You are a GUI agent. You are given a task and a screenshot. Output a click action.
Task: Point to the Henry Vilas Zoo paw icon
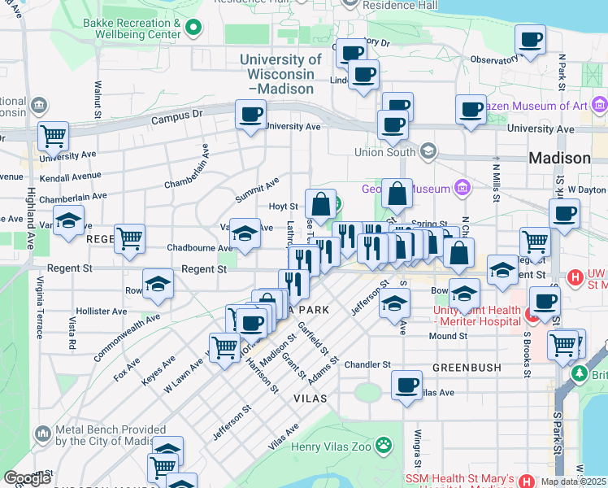pyautogui.click(x=382, y=445)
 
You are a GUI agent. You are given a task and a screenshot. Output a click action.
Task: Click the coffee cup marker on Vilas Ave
pyautogui.click(x=406, y=385)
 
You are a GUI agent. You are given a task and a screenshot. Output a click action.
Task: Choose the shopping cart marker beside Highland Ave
pyautogui.click(x=54, y=137)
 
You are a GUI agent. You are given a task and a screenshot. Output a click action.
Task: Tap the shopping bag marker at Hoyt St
pyautogui.click(x=321, y=203)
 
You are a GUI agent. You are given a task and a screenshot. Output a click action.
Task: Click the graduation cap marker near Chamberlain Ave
pyautogui.click(x=69, y=220)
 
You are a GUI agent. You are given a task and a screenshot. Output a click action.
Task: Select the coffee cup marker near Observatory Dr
pyautogui.click(x=530, y=40)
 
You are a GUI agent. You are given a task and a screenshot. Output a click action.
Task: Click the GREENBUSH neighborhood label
pyautogui.click(x=467, y=368)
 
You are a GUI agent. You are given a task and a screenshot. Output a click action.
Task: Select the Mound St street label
pyautogui.click(x=448, y=336)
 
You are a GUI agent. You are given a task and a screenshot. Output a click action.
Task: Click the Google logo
pyautogui.click(x=28, y=478)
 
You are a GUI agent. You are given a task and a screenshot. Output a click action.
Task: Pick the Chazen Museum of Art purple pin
pyautogui.click(x=600, y=105)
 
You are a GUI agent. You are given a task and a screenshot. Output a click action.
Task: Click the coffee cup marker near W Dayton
pyautogui.click(x=564, y=214)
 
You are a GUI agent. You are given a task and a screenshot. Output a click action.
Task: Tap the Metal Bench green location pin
pyautogui.click(x=42, y=433)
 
